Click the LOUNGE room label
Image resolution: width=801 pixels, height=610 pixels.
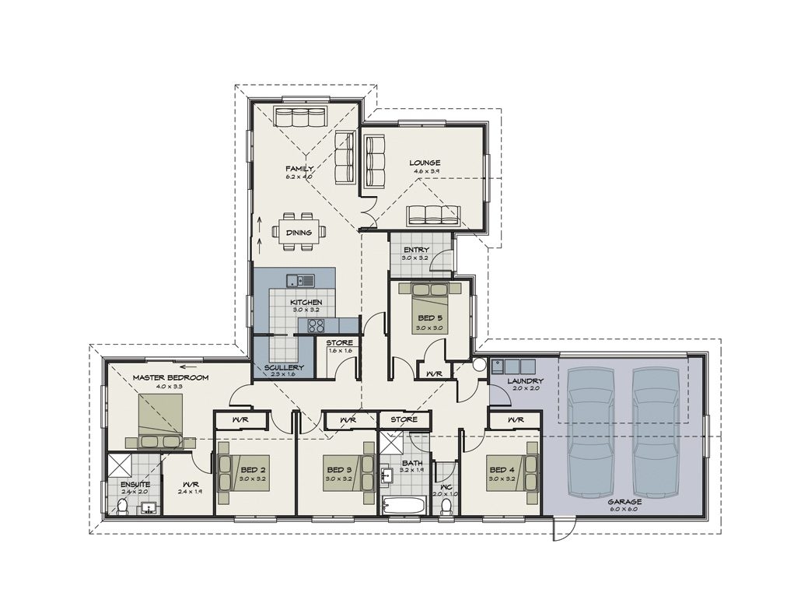click(425, 163)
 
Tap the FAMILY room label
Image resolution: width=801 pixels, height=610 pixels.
click(299, 169)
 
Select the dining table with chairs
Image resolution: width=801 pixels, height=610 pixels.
click(299, 232)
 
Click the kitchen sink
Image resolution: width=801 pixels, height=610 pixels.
click(299, 280)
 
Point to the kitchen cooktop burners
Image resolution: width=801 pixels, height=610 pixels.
click(317, 326)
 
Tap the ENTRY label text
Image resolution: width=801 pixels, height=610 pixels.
click(415, 250)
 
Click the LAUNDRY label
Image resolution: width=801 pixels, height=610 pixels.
click(525, 380)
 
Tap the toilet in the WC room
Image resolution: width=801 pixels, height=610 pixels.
click(446, 507)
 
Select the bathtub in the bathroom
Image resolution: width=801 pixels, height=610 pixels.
click(404, 506)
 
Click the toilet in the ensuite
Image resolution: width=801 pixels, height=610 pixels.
click(122, 507)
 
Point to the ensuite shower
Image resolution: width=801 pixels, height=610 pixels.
click(121, 465)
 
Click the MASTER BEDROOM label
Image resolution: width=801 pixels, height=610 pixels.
click(170, 378)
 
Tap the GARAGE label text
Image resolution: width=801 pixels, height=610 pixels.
click(626, 502)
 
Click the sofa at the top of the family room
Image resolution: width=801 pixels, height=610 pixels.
click(299, 118)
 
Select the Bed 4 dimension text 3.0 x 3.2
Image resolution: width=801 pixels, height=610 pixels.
click(501, 479)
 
